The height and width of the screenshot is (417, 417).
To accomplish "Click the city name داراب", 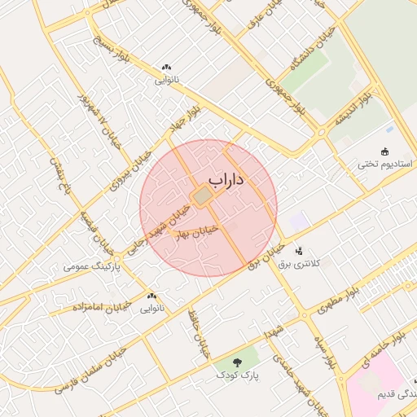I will click(x=226, y=179).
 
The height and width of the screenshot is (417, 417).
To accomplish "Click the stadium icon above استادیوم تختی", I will click(x=385, y=151).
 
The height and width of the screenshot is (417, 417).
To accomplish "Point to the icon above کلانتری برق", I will click(x=300, y=250).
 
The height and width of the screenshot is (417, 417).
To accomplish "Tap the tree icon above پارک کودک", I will click(x=237, y=362).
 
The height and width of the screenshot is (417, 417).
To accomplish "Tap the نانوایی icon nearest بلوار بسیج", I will click(x=167, y=68).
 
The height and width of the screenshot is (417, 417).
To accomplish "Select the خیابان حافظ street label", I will click(x=195, y=334).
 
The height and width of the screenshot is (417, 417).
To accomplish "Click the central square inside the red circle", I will click(x=202, y=197).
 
